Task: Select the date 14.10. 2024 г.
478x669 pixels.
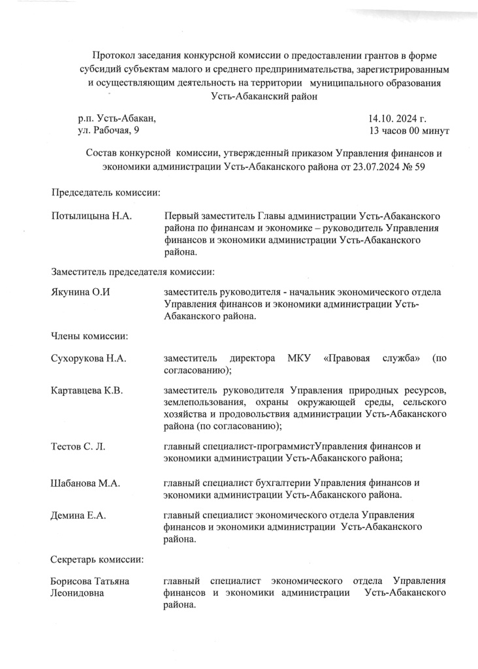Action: [x=397, y=119]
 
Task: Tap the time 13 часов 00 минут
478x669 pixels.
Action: [x=409, y=131]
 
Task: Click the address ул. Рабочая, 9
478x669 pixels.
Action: [x=108, y=131]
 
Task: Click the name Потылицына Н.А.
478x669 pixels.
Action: [x=92, y=216]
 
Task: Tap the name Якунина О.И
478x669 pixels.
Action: [x=80, y=292]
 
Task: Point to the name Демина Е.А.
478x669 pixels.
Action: [x=78, y=515]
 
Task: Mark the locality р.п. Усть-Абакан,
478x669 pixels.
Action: [x=117, y=119]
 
